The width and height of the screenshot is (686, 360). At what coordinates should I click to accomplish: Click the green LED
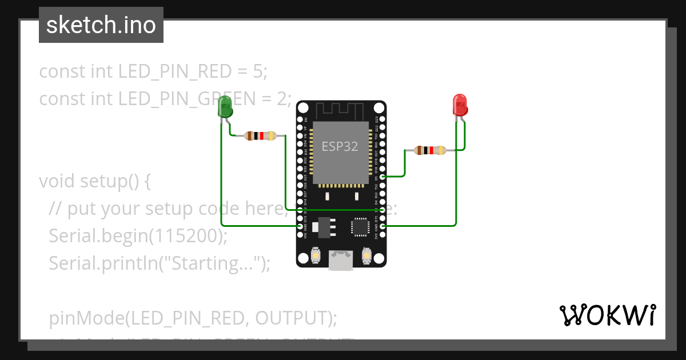pos(225,108)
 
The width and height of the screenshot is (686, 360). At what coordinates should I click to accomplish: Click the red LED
pos(460,105)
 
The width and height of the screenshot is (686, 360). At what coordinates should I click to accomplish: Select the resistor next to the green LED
pos(260,136)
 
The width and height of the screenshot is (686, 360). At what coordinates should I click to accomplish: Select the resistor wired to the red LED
pos(430,151)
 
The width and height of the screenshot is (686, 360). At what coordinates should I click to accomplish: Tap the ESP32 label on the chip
pos(340,146)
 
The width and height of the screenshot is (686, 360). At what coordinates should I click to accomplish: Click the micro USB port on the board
pos(341,261)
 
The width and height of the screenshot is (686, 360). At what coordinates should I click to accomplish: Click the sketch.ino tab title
pos(101,25)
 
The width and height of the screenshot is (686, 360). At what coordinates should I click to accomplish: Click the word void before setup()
pos(57,181)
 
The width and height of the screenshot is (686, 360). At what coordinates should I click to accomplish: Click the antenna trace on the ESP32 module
pos(341,109)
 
